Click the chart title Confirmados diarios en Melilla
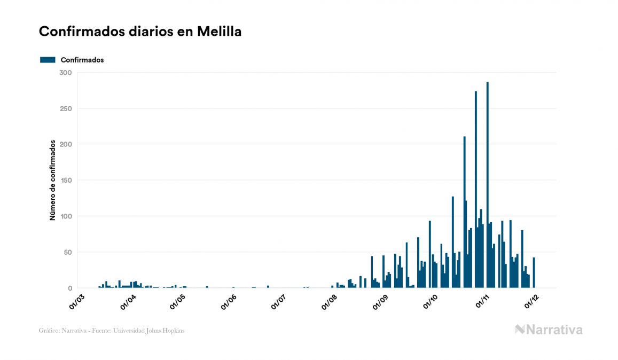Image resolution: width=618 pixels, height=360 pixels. coord(140,32)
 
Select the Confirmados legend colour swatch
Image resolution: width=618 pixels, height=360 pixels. coord(48,60)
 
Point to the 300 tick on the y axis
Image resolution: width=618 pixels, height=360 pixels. coord(66,73)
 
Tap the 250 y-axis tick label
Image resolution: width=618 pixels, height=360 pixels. coord(66,108)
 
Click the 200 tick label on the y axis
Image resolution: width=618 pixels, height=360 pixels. coord(66,144)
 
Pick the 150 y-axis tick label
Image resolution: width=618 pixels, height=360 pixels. coord(66,181)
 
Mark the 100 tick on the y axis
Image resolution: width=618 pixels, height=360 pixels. coord(66,216)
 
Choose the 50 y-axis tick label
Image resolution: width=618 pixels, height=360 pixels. coord(68,252)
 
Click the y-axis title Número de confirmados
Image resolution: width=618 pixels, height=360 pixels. coord(53,181)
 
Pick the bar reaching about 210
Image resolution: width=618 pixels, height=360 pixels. coord(464,214)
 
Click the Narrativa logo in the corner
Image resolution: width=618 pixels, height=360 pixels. coord(549,330)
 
